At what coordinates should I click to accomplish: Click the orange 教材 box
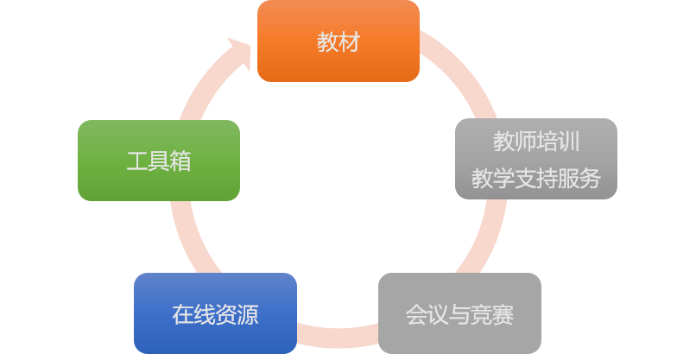[x=338, y=41]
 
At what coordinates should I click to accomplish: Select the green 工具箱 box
[x=159, y=161]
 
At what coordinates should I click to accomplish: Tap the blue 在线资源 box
[x=215, y=313]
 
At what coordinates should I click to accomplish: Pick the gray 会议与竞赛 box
[x=459, y=313]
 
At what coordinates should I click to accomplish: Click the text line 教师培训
[x=535, y=142]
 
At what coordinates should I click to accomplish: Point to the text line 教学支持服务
[x=535, y=179]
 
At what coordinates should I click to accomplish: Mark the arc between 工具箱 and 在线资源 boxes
[x=184, y=237]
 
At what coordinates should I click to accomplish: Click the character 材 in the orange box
[x=349, y=41]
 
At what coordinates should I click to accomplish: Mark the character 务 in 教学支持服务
[x=590, y=179]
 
